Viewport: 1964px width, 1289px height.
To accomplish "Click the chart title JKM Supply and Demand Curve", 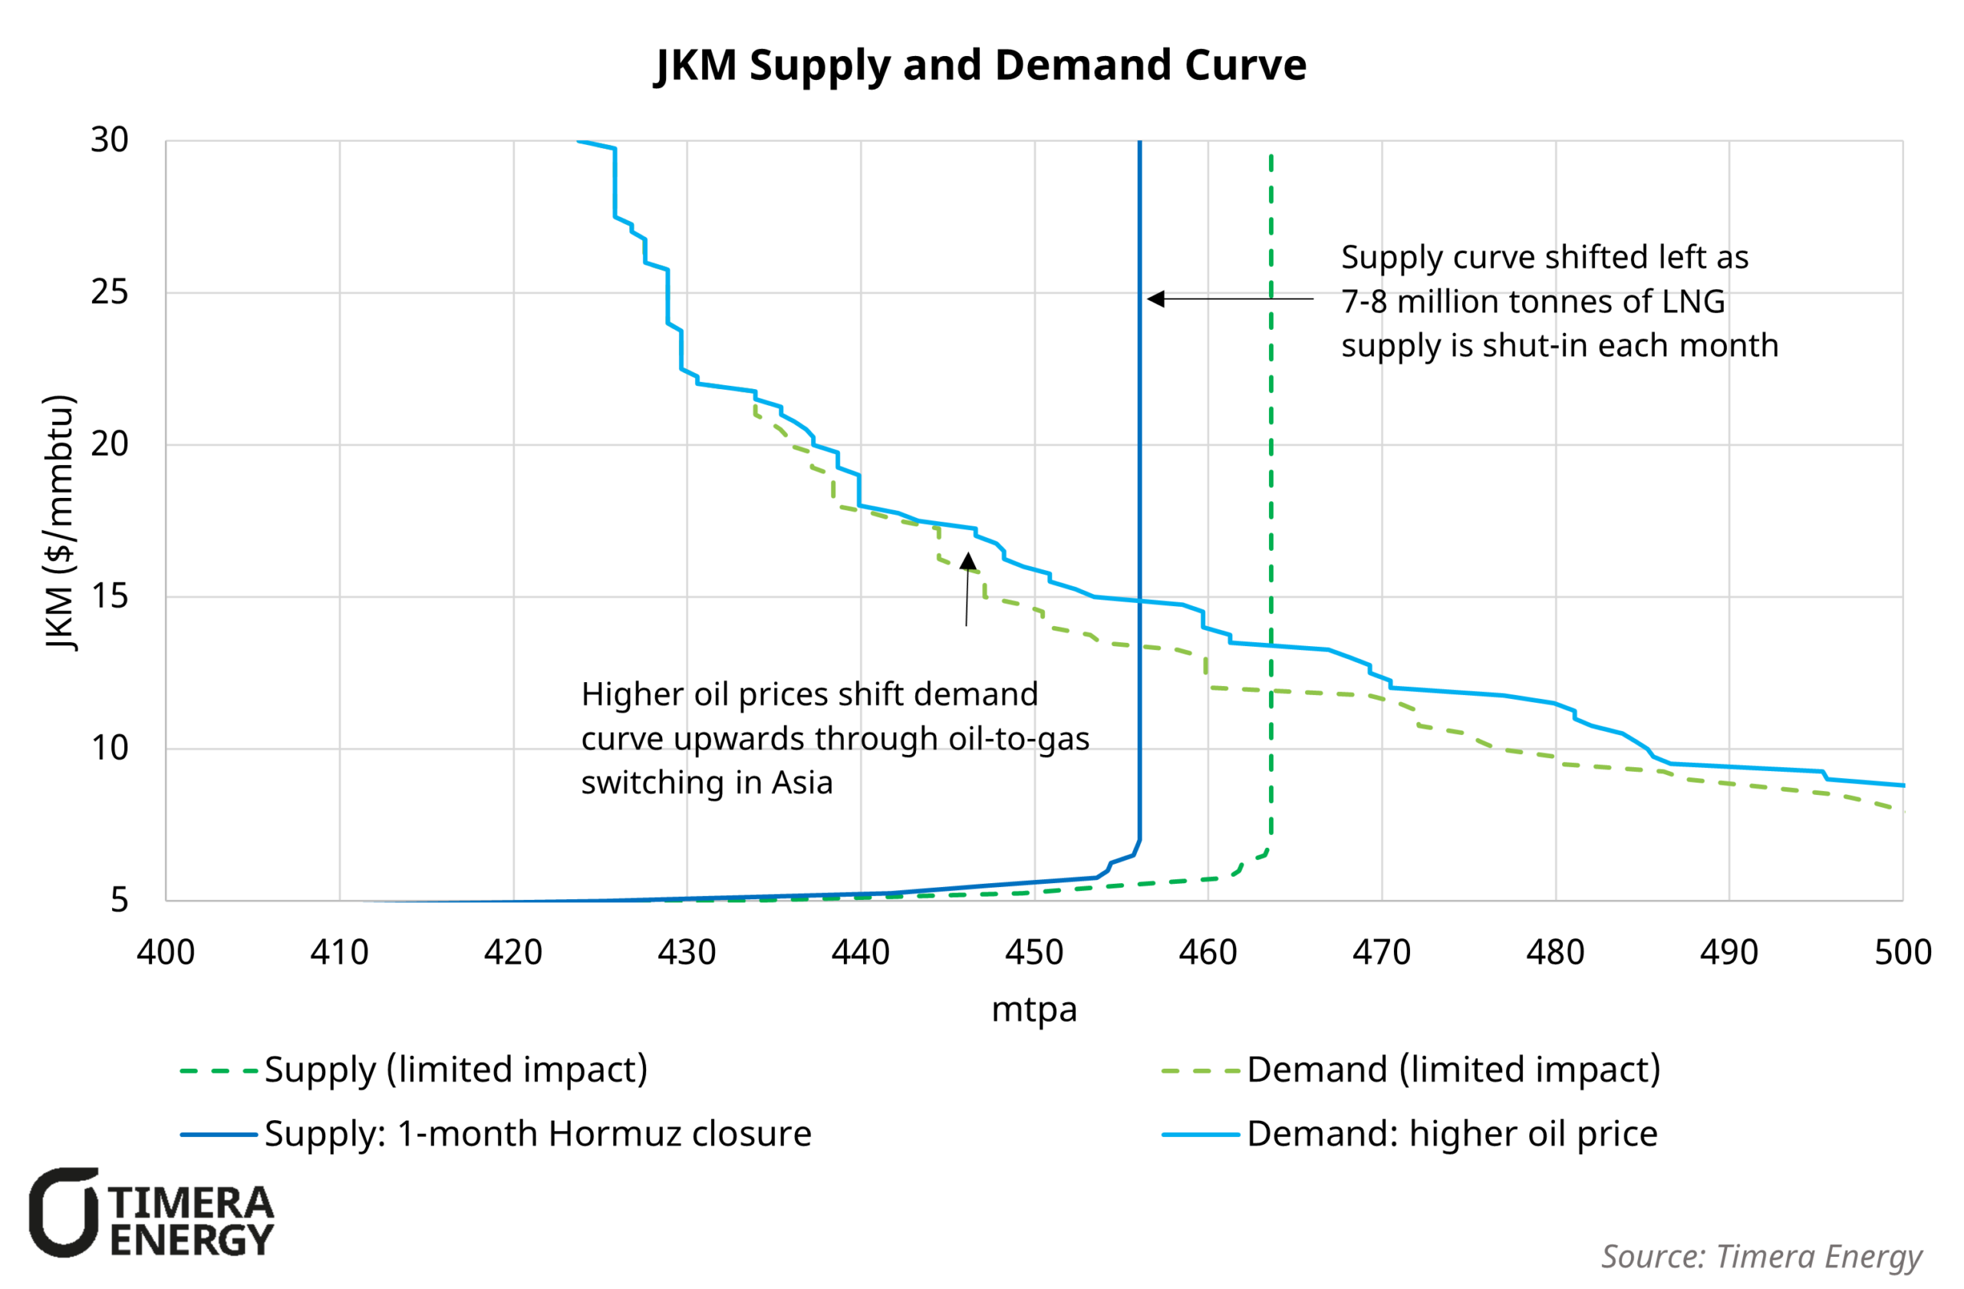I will point(981,65).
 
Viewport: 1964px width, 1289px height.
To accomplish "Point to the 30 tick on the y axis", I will point(110,140).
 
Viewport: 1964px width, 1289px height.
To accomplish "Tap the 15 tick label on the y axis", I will point(110,597).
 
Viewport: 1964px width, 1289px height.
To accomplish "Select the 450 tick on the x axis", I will point(1034,953).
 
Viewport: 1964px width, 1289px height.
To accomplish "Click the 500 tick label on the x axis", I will point(1903,953).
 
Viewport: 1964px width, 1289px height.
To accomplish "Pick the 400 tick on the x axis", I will point(166,953).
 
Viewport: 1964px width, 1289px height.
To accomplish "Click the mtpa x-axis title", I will point(1034,1010).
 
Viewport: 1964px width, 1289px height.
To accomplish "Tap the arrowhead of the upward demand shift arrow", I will point(968,562).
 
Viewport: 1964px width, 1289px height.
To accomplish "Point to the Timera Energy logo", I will point(151,1212).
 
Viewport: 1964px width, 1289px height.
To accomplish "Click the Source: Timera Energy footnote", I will point(1761,1256).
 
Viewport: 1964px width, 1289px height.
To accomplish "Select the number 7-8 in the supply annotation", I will point(1363,302).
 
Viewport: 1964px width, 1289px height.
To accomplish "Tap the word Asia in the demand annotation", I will point(802,783).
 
